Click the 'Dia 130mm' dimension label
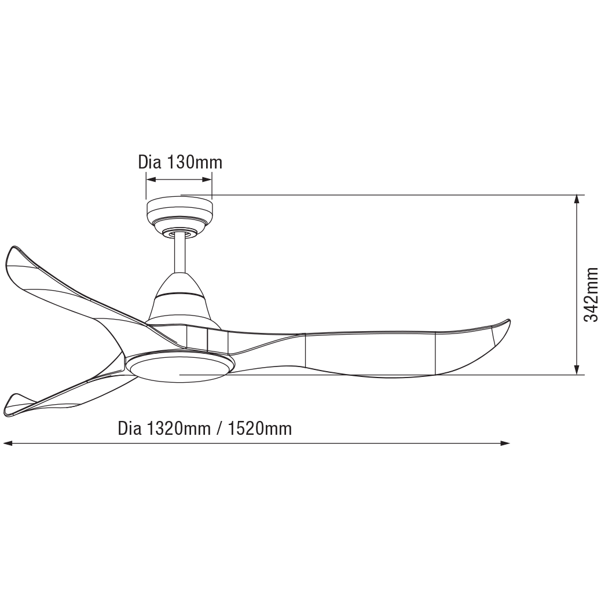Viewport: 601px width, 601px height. [x=180, y=162]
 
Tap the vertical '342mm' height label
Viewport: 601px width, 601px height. [x=590, y=294]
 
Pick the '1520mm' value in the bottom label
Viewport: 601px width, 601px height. [x=260, y=428]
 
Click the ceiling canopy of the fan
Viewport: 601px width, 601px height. [x=179, y=215]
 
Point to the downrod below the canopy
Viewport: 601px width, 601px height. [x=179, y=255]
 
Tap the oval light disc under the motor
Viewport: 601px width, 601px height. [x=179, y=367]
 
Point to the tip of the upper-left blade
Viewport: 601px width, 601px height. [x=13, y=247]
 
